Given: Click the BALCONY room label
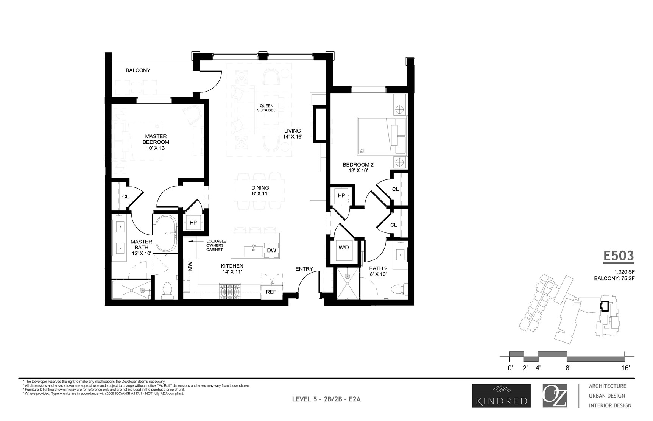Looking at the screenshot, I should coord(138,70).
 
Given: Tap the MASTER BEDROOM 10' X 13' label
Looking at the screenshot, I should coord(156,142).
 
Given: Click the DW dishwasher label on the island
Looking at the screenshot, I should coord(271,251).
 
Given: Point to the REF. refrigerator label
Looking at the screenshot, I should coord(272,292).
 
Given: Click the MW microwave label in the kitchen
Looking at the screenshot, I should coord(190,266).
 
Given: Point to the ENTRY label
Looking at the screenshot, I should coord(304,269).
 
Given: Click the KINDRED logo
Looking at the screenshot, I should coord(501,396).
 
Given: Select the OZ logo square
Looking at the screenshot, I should coord(555,396).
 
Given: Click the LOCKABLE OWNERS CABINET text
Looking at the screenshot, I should coord(216,245).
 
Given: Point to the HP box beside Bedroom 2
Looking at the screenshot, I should coord(341,196).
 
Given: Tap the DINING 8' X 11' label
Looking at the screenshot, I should coord(260,190).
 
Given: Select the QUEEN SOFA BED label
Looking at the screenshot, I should coord(267,108).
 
